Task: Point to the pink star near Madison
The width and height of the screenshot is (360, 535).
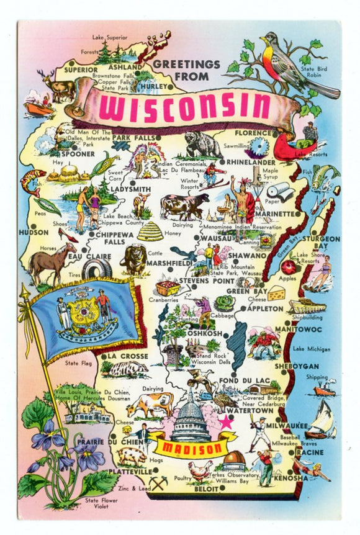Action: coord(226,421)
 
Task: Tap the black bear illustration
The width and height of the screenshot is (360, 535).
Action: coord(202,145)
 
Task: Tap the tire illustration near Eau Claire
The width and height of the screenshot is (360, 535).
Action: coord(97,268)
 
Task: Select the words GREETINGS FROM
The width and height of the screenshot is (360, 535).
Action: coord(186,69)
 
